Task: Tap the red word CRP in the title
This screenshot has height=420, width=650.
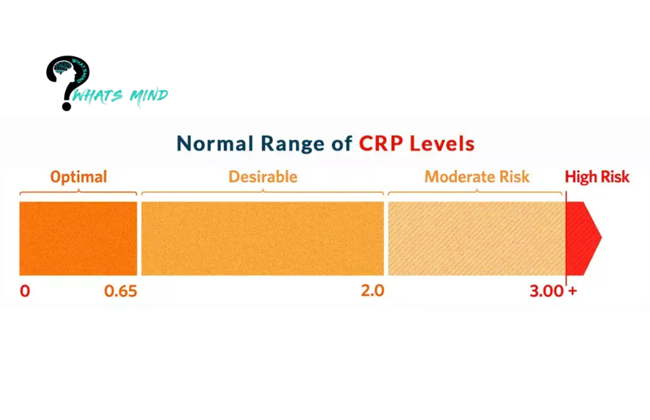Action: [381, 143]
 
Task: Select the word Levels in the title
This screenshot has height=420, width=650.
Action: [442, 143]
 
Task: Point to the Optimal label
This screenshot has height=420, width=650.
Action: [79, 176]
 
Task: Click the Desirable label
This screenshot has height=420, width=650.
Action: [263, 176]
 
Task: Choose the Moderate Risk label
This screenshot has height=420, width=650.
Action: [477, 176]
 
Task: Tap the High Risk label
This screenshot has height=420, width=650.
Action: [597, 176]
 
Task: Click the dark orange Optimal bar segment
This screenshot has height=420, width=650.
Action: [78, 238]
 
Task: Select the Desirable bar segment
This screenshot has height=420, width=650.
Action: [262, 238]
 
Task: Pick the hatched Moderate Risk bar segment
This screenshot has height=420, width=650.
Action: [475, 238]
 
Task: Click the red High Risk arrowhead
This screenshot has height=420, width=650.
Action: [583, 238]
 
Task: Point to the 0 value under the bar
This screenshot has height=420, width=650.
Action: [25, 291]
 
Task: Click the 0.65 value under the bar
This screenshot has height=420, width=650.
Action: [121, 291]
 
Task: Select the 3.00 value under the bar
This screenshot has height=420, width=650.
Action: [547, 291]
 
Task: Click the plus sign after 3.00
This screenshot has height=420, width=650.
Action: [573, 291]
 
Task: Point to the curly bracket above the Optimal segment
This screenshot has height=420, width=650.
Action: [78, 192]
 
